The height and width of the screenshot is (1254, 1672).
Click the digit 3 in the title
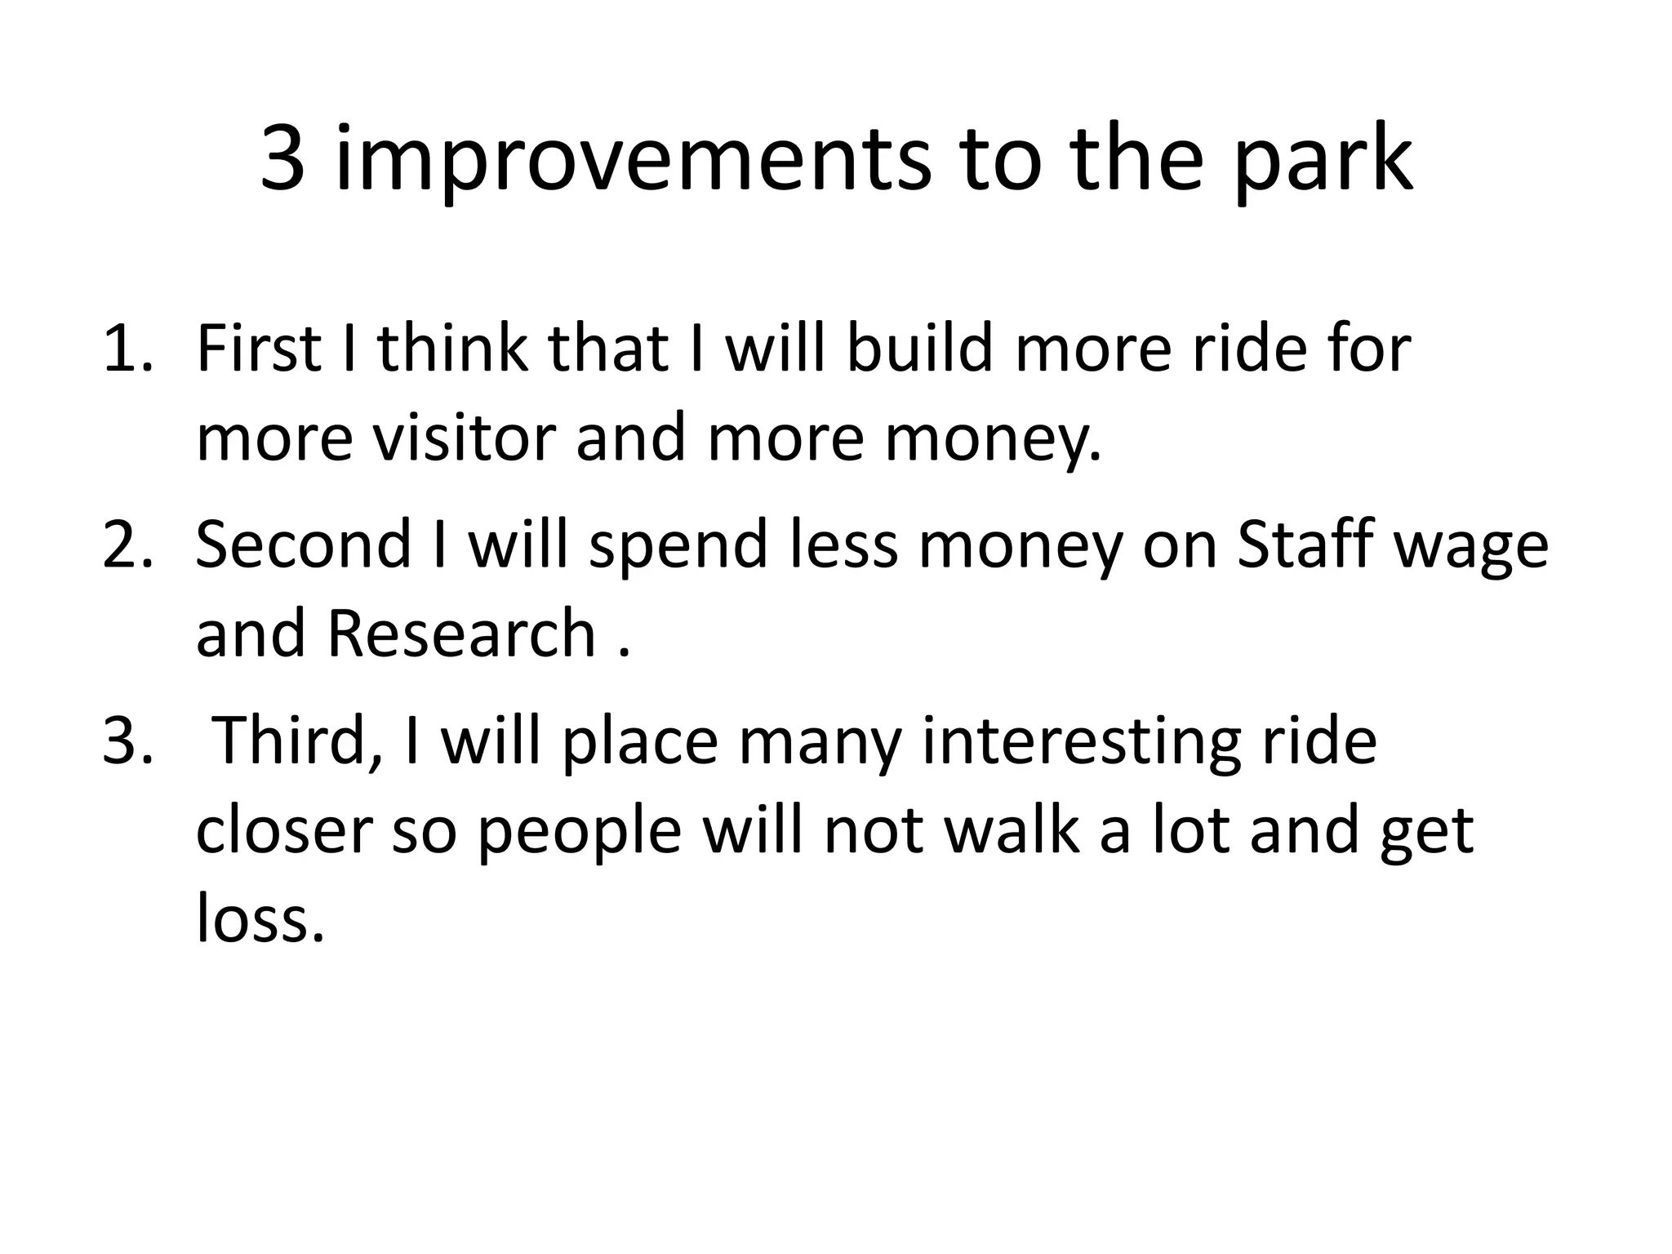point(283,159)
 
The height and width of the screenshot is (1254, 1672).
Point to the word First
point(259,349)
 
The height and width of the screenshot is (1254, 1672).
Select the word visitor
point(465,439)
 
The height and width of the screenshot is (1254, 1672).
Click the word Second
point(303,545)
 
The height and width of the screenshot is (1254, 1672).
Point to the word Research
point(461,634)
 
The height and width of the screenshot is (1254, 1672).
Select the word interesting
point(1080,741)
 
